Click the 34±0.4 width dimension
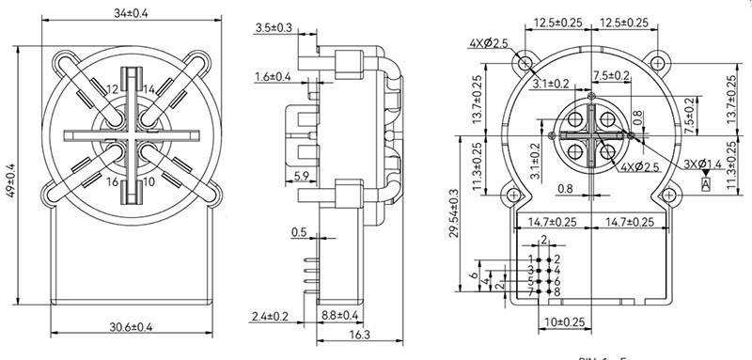[x=132, y=12]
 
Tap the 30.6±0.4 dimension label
[x=131, y=327]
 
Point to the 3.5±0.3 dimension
[x=273, y=28]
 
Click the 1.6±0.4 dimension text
[x=273, y=76]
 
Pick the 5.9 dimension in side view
[x=304, y=176]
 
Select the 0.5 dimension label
[x=299, y=231]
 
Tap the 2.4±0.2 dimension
[x=271, y=315]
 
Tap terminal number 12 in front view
[x=112, y=88]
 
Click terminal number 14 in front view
[x=150, y=88]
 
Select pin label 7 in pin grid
[x=531, y=292]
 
